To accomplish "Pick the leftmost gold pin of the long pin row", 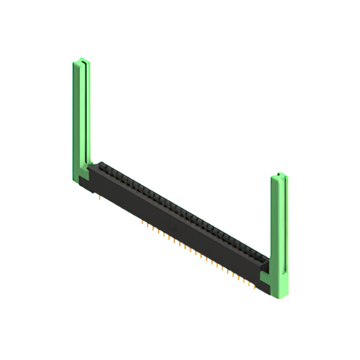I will click(x=141, y=220).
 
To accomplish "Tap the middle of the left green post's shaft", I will click(x=80, y=118).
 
